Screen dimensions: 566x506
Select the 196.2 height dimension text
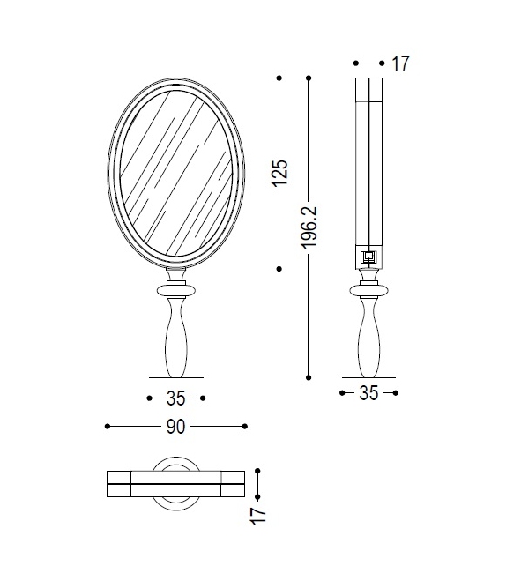[309, 227]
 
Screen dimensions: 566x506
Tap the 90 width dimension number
[175, 427]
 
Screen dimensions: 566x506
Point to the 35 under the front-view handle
[175, 398]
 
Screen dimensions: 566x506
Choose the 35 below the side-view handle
[368, 393]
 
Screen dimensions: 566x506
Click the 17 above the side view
[400, 63]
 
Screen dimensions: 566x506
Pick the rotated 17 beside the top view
[258, 513]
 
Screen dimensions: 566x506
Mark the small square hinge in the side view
[368, 257]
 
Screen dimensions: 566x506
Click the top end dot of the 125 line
[279, 78]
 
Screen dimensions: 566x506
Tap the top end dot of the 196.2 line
[309, 78]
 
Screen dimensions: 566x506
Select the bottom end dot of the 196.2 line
[309, 377]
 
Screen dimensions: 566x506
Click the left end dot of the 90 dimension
[107, 427]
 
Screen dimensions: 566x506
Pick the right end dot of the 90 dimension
[245, 427]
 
